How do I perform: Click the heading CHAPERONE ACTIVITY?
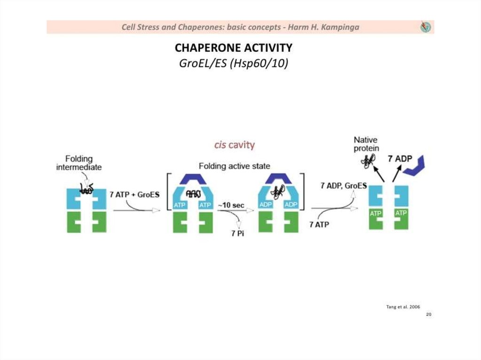click(x=233, y=48)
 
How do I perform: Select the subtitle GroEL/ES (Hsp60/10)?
click(x=233, y=63)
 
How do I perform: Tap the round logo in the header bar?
click(x=426, y=27)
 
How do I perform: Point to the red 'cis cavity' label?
click(x=234, y=145)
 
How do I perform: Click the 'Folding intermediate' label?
click(x=79, y=163)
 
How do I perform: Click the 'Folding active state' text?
click(x=234, y=166)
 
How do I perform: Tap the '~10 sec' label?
click(x=230, y=206)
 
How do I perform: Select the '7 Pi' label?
click(x=238, y=234)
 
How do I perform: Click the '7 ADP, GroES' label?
click(x=343, y=186)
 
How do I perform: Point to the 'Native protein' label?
click(x=365, y=144)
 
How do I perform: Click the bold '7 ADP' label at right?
click(x=400, y=159)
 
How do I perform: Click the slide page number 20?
click(x=428, y=314)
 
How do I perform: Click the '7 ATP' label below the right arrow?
click(x=319, y=224)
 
